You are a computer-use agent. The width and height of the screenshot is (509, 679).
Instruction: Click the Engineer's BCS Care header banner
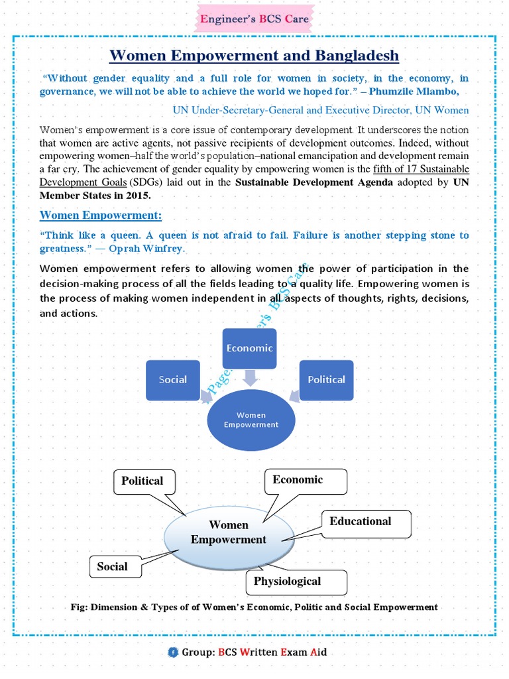coord(254,19)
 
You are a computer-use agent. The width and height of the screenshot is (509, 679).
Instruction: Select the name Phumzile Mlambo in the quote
coord(428,92)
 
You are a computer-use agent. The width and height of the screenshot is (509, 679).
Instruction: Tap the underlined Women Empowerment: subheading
coord(101,216)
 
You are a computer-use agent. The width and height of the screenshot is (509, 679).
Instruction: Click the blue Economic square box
coord(249,348)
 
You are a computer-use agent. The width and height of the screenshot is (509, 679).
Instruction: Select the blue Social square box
coord(172,380)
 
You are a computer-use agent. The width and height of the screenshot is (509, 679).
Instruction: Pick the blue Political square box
coord(326,380)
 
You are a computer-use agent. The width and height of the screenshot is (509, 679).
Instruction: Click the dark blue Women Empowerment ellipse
coord(251,420)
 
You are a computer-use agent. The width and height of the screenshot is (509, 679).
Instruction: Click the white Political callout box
coord(142,481)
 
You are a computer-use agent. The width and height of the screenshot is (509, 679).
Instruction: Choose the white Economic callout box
coord(305,480)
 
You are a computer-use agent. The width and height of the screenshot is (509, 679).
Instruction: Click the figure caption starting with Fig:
coord(254,607)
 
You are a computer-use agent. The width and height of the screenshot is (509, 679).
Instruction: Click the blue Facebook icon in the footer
coord(173,652)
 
